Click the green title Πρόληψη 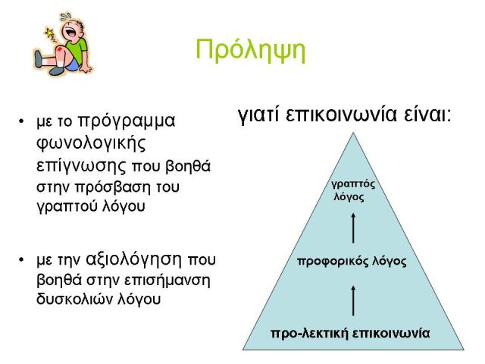[x=251, y=51]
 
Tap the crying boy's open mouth [x=69, y=31]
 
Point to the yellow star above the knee [x=49, y=32]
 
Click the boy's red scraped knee [x=61, y=49]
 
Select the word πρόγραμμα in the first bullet [x=127, y=121]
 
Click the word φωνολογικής [x=91, y=144]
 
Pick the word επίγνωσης [x=81, y=167]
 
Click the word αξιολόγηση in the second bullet [x=133, y=259]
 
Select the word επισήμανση [x=167, y=281]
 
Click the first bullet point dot [x=21, y=121]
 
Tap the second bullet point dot [x=21, y=259]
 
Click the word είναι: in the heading [x=427, y=115]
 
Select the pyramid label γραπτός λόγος [x=353, y=190]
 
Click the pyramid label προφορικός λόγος [x=352, y=262]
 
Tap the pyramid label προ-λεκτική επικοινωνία [x=350, y=334]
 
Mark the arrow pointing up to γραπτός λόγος [x=353, y=227]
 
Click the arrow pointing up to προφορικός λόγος [x=353, y=300]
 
